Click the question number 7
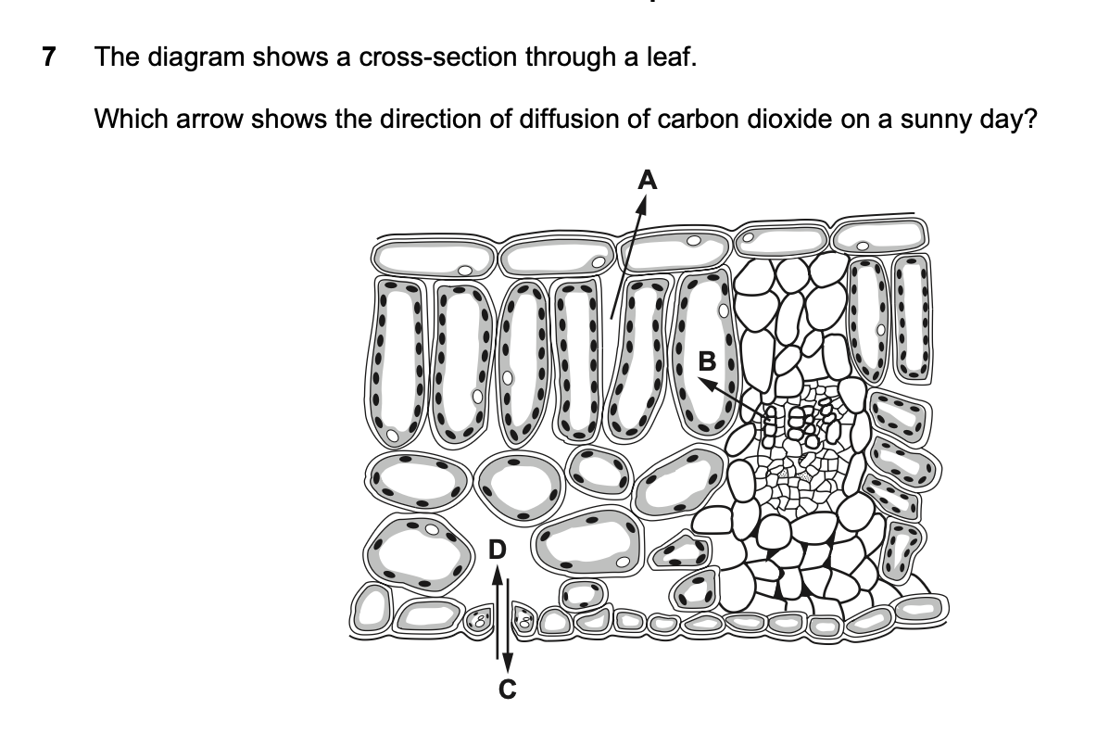point(48,57)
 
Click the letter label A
point(648,181)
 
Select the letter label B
point(707,361)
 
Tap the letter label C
point(508,690)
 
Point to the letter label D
point(496,550)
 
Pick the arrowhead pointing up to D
point(496,574)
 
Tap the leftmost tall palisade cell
point(396,361)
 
